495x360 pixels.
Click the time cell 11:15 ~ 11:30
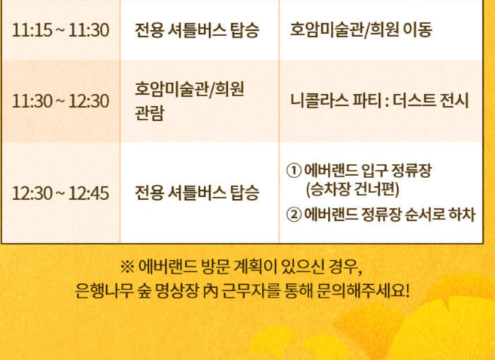(x=61, y=31)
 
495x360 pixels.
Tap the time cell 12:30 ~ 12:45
(x=61, y=193)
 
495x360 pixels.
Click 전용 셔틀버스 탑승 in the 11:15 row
(x=197, y=31)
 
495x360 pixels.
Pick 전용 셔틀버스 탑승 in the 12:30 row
(x=197, y=193)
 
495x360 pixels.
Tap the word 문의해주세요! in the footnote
(x=369, y=289)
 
